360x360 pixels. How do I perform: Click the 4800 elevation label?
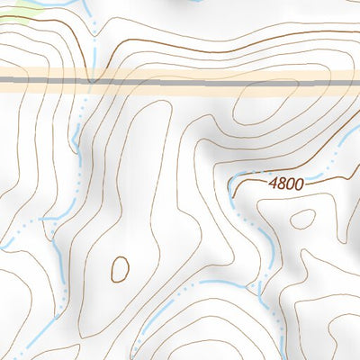click(286, 183)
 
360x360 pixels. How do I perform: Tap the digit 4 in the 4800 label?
click(273, 183)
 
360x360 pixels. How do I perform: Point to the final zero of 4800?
click(299, 183)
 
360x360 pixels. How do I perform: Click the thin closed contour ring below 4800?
click(303, 219)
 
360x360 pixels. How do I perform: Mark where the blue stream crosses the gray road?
click(91, 81)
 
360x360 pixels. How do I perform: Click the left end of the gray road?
click(4, 81)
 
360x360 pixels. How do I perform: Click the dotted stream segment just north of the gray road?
click(93, 58)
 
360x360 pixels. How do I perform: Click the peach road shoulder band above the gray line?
click(180, 72)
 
